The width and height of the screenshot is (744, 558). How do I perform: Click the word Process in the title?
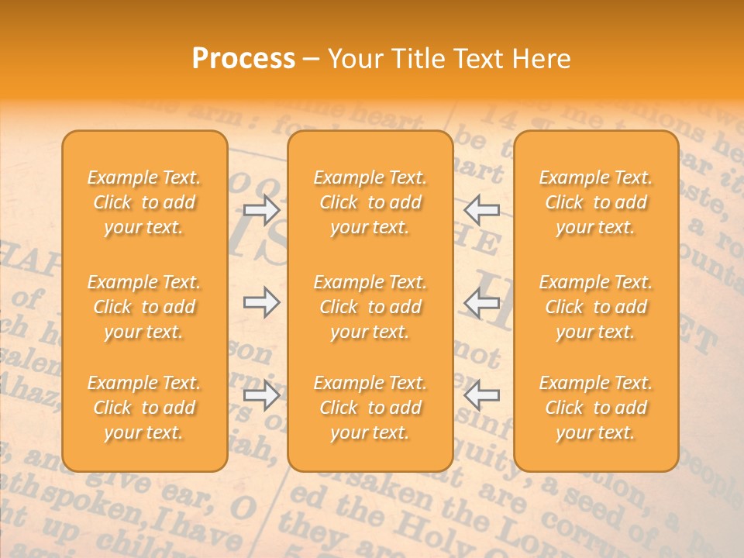click(243, 59)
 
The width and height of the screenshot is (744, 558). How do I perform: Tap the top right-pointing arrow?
click(261, 209)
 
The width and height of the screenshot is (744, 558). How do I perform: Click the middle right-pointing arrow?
click(261, 302)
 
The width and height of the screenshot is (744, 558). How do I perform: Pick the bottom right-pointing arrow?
click(261, 395)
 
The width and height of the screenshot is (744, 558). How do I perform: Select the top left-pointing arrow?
click(482, 209)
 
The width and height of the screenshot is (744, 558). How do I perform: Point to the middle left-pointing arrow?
click(482, 302)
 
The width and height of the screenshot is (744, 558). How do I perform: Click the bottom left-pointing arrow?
click(482, 395)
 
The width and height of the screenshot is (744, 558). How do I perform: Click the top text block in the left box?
click(144, 202)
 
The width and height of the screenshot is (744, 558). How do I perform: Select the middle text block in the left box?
click(144, 307)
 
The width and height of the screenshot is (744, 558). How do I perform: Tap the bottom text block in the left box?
click(144, 408)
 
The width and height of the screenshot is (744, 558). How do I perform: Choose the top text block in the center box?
click(370, 202)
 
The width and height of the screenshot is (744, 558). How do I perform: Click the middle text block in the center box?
click(370, 307)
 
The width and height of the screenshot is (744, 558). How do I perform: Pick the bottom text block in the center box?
click(370, 408)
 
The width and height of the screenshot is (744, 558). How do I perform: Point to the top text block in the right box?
click(595, 202)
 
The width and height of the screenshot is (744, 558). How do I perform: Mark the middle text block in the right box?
click(595, 307)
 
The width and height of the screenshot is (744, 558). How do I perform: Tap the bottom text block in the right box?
click(595, 408)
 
